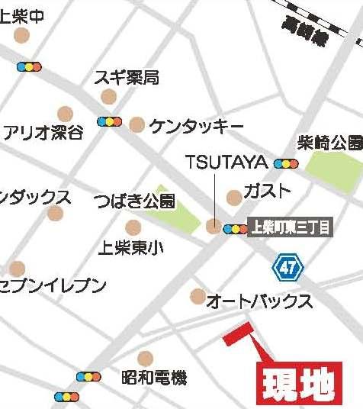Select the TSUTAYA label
pyautogui.click(x=226, y=163)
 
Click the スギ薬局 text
pyautogui.click(x=126, y=77)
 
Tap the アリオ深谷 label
pyautogui.click(x=43, y=133)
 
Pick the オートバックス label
pyautogui.click(x=260, y=301)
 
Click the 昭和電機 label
pyautogui.click(x=154, y=377)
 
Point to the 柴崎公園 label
pyautogui.click(x=329, y=143)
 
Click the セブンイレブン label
pyautogui.click(x=52, y=286)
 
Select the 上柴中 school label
pyautogui.click(x=22, y=17)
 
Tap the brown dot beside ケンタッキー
pyautogui.click(x=137, y=124)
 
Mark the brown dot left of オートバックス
pyautogui.click(x=198, y=297)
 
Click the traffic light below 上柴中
pyautogui.click(x=29, y=67)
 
